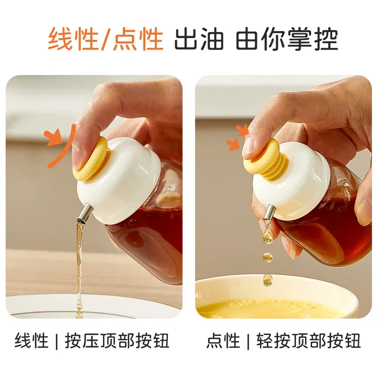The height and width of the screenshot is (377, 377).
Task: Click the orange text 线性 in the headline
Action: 73,39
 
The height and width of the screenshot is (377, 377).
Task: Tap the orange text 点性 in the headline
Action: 138,39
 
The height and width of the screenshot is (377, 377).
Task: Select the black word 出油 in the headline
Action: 199,39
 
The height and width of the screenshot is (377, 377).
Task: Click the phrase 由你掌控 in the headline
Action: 287,39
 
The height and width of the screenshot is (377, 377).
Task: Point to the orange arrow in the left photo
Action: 53,138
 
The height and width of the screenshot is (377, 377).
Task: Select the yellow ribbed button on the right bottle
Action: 266,159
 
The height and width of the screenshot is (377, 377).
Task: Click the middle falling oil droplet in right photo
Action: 267,257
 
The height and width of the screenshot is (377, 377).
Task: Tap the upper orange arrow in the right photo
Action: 243,130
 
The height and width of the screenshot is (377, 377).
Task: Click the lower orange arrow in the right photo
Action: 233,144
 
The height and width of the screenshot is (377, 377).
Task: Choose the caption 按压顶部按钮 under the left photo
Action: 117,341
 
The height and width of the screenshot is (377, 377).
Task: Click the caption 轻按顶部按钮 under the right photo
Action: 309,341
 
